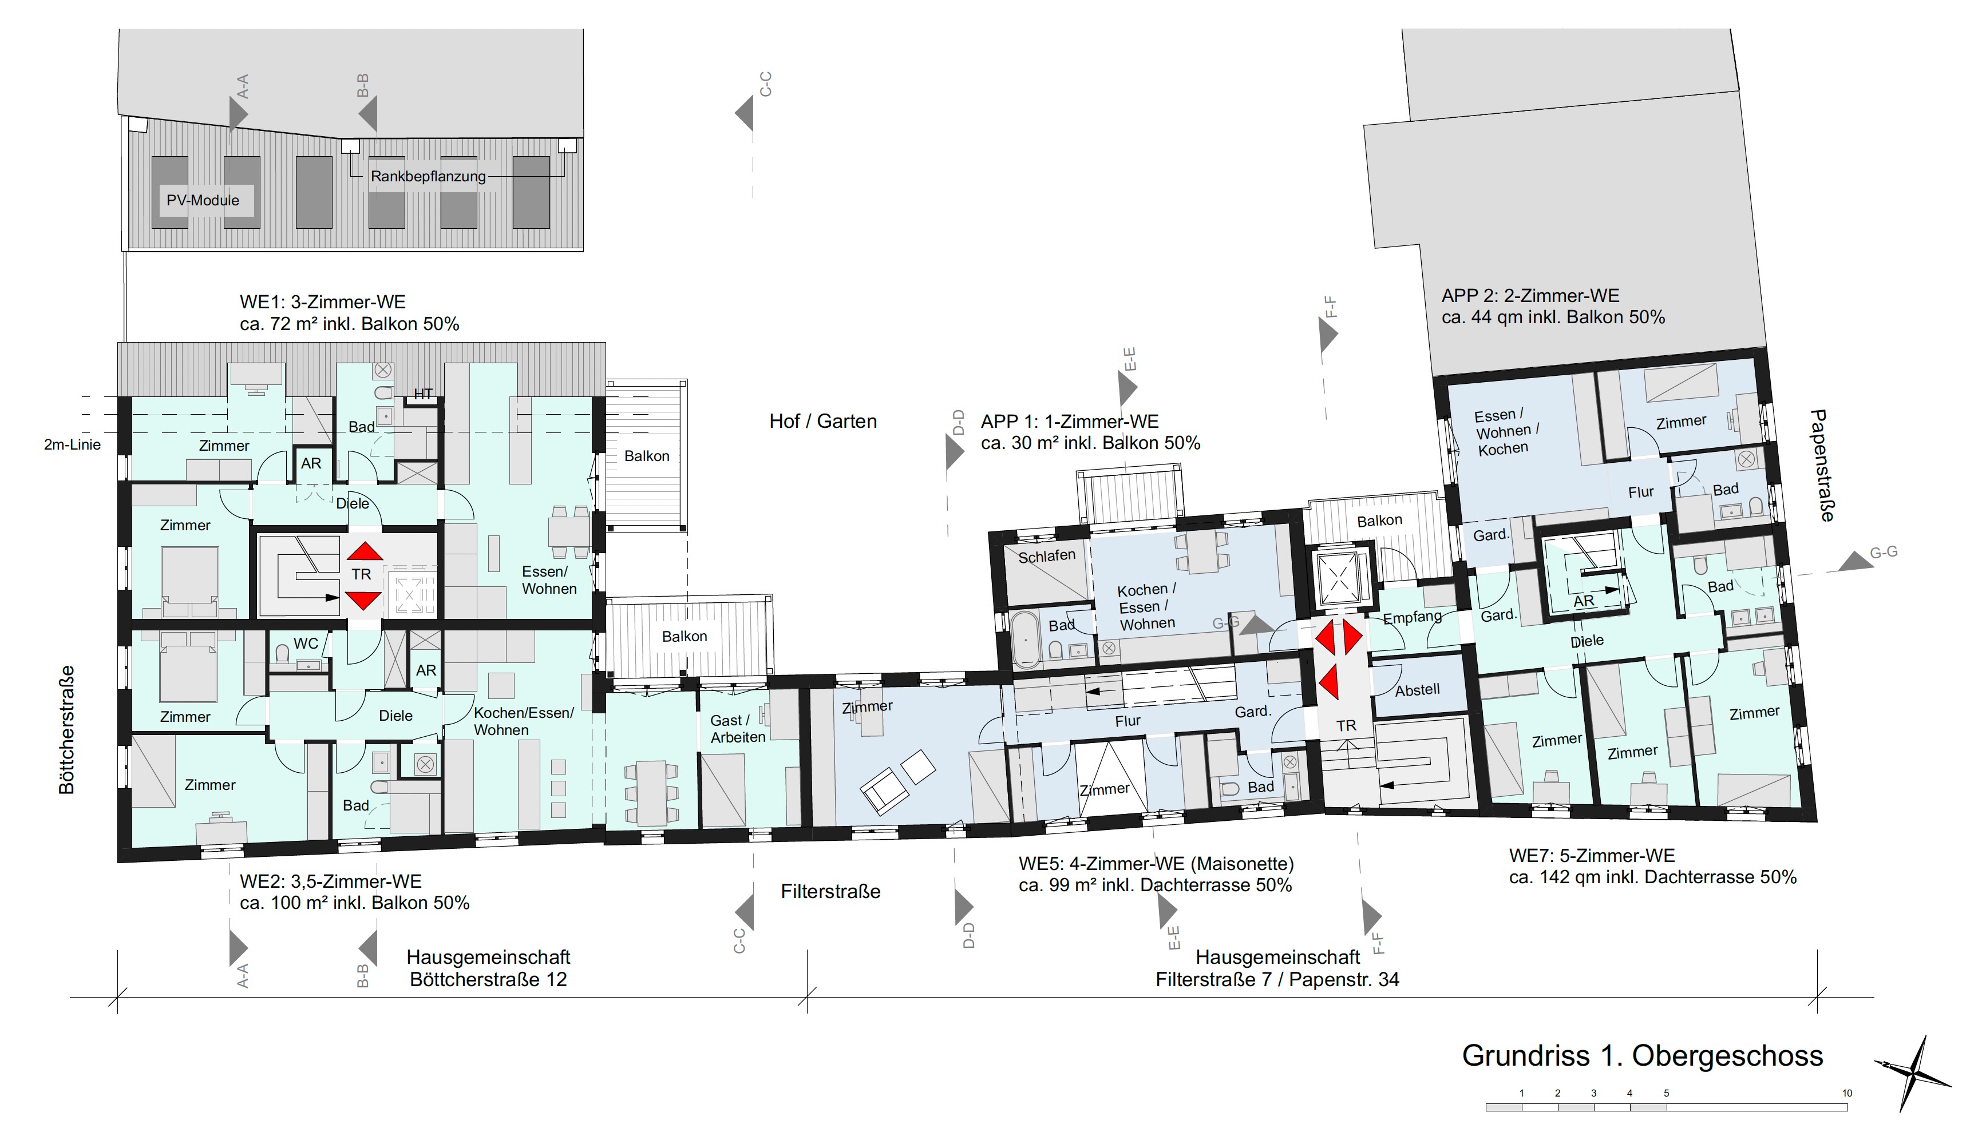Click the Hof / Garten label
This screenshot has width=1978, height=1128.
click(x=822, y=422)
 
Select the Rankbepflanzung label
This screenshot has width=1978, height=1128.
click(x=428, y=177)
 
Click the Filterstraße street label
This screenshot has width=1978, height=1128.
click(x=830, y=892)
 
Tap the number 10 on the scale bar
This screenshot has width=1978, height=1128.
click(x=1847, y=1093)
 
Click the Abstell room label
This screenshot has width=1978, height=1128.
click(x=1417, y=689)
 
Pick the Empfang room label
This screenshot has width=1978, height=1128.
click(x=1412, y=617)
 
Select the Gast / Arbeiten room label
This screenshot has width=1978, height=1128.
click(x=738, y=729)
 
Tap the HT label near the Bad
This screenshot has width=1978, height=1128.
click(x=422, y=394)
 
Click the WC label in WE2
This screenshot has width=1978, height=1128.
click(x=306, y=644)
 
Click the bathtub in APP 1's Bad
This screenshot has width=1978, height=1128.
click(x=1026, y=640)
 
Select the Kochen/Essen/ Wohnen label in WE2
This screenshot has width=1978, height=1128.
click(x=524, y=721)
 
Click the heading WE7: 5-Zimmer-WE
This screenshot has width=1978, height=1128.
click(x=1592, y=856)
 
